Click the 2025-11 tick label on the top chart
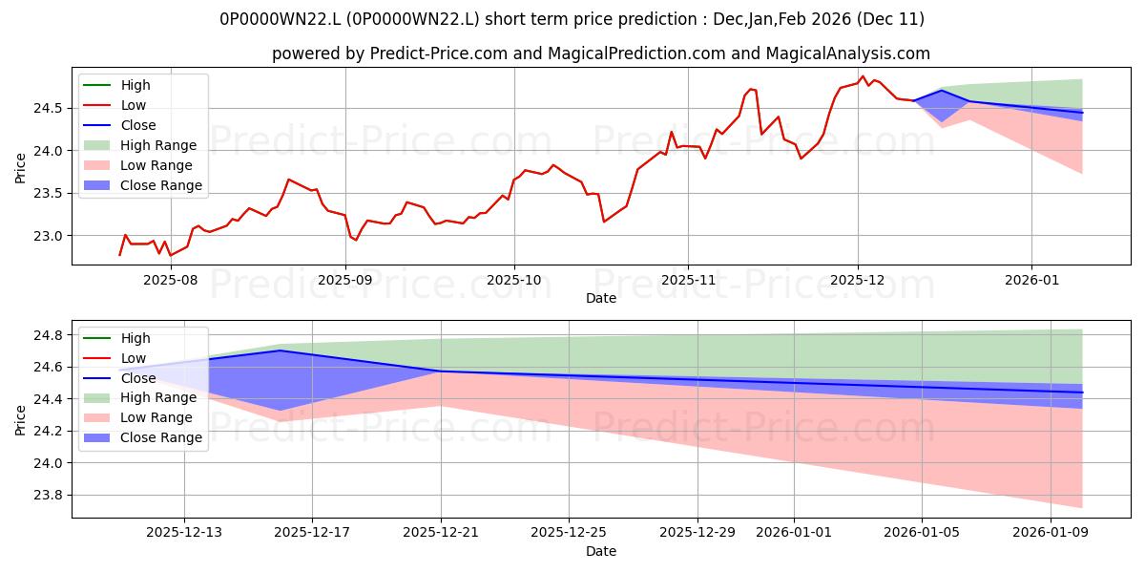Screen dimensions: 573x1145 tap(688, 280)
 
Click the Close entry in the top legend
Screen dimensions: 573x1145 tap(138, 125)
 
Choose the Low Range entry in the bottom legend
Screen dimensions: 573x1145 tap(159, 417)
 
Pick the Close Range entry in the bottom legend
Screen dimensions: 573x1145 tap(161, 437)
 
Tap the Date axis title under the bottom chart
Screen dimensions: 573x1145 tap(601, 551)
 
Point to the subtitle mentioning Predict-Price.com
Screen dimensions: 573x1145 tap(601, 53)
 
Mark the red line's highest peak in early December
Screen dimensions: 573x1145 tap(863, 76)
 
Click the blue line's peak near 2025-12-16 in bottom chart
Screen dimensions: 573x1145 tap(281, 350)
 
